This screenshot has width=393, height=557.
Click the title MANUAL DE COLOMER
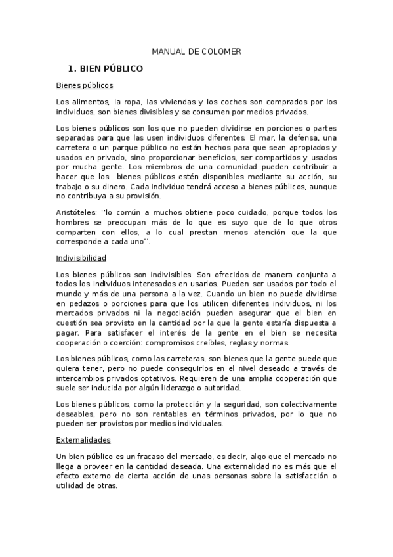click(196, 51)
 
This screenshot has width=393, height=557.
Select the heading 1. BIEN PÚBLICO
click(106, 68)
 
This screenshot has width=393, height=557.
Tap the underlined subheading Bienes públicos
click(85, 85)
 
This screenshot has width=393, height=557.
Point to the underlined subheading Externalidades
click(83, 439)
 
